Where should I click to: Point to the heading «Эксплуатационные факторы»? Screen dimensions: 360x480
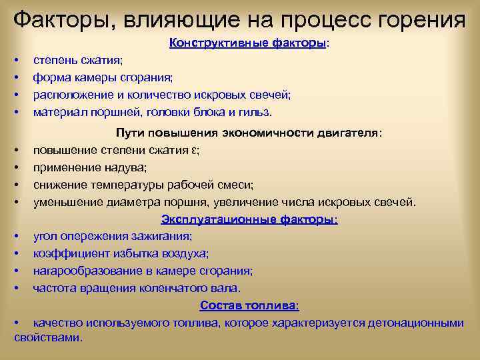(x=249, y=219)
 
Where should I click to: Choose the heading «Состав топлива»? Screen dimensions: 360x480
(x=249, y=305)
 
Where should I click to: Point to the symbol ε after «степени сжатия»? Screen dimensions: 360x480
(x=194, y=150)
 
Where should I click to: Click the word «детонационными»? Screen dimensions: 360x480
(x=418, y=323)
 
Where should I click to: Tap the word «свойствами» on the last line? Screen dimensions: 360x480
(x=47, y=337)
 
